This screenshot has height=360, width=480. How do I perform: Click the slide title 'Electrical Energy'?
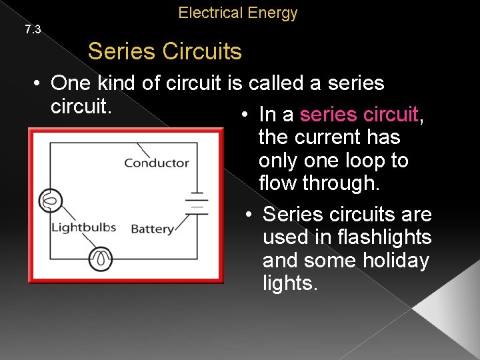pyautogui.click(x=238, y=13)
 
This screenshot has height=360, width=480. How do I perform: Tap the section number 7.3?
pyautogui.click(x=33, y=29)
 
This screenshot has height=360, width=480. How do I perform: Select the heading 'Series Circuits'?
pyautogui.click(x=165, y=51)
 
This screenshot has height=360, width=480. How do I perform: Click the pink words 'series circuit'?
pyautogui.click(x=359, y=115)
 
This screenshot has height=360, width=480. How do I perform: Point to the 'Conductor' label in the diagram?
pyautogui.click(x=157, y=163)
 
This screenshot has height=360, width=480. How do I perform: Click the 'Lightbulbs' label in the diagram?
pyautogui.click(x=84, y=228)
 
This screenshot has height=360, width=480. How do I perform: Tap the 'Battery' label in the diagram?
pyautogui.click(x=153, y=229)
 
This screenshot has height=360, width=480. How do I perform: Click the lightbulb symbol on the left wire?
pyautogui.click(x=51, y=199)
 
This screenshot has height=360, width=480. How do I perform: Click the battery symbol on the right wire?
pyautogui.click(x=197, y=202)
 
